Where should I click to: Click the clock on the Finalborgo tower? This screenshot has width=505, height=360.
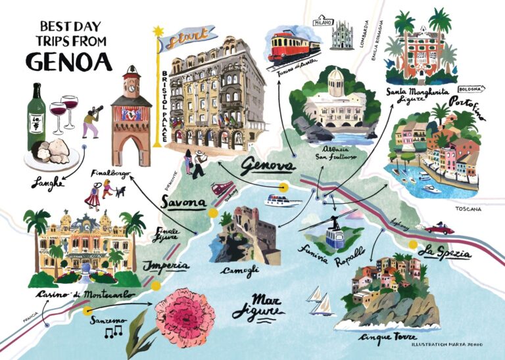point(132,84)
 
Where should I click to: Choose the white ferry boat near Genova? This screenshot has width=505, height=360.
point(279,198)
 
